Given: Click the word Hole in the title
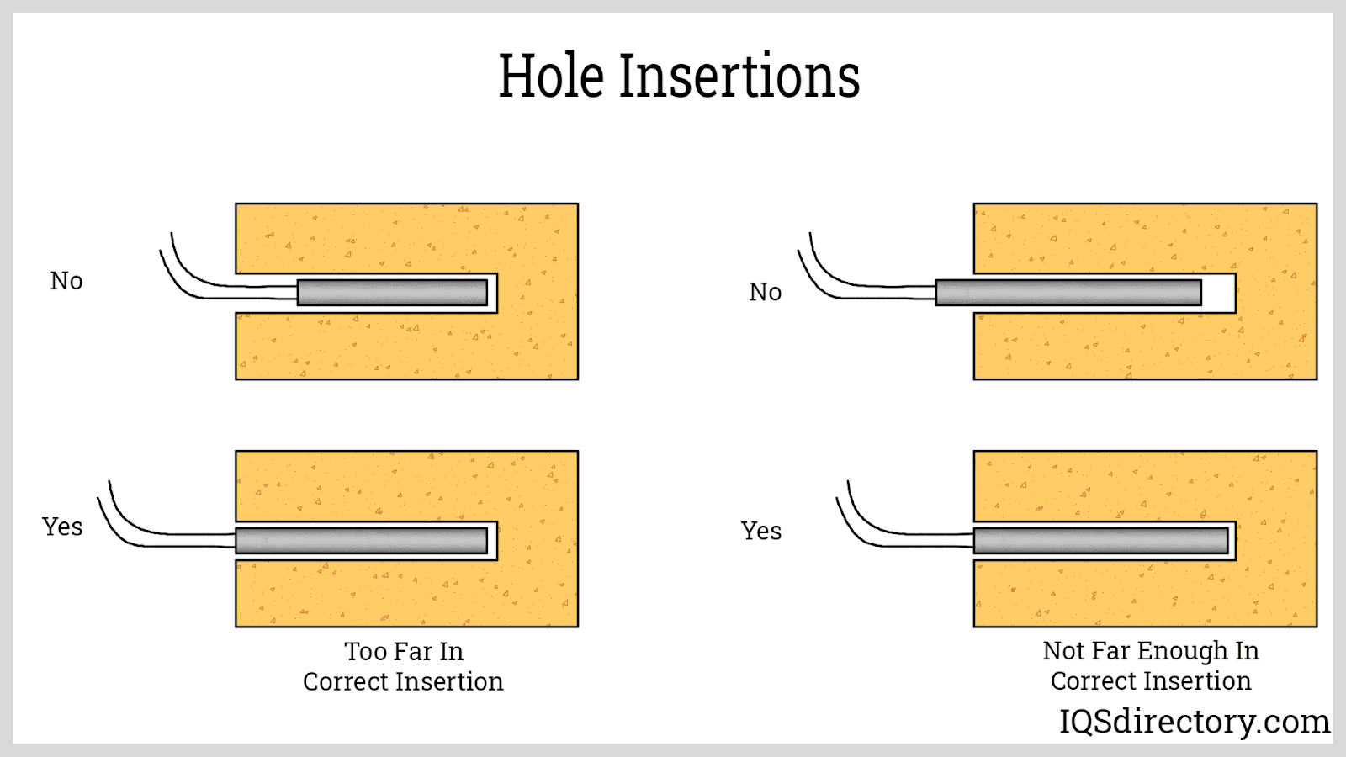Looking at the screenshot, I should (551, 77).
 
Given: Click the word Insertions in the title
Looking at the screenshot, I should (739, 77).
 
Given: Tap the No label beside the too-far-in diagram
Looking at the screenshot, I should (66, 281).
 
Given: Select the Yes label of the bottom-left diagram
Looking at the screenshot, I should (62, 527).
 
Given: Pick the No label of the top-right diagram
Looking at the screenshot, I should (765, 293).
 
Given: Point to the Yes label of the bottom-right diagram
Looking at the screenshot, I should (761, 532).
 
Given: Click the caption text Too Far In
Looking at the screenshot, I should (404, 652).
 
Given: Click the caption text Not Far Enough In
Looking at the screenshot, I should (1150, 651).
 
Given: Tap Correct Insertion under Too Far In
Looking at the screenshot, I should (403, 682).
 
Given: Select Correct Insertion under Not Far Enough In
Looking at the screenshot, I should (1150, 681).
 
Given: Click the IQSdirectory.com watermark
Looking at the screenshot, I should (1194, 722).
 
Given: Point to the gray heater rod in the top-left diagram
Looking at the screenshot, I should (392, 293).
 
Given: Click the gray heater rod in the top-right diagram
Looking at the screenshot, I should (1068, 293).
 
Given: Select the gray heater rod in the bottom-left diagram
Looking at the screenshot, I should (362, 540).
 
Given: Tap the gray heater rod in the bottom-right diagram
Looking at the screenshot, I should (1100, 540).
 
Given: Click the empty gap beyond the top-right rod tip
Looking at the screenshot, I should (1218, 293).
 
